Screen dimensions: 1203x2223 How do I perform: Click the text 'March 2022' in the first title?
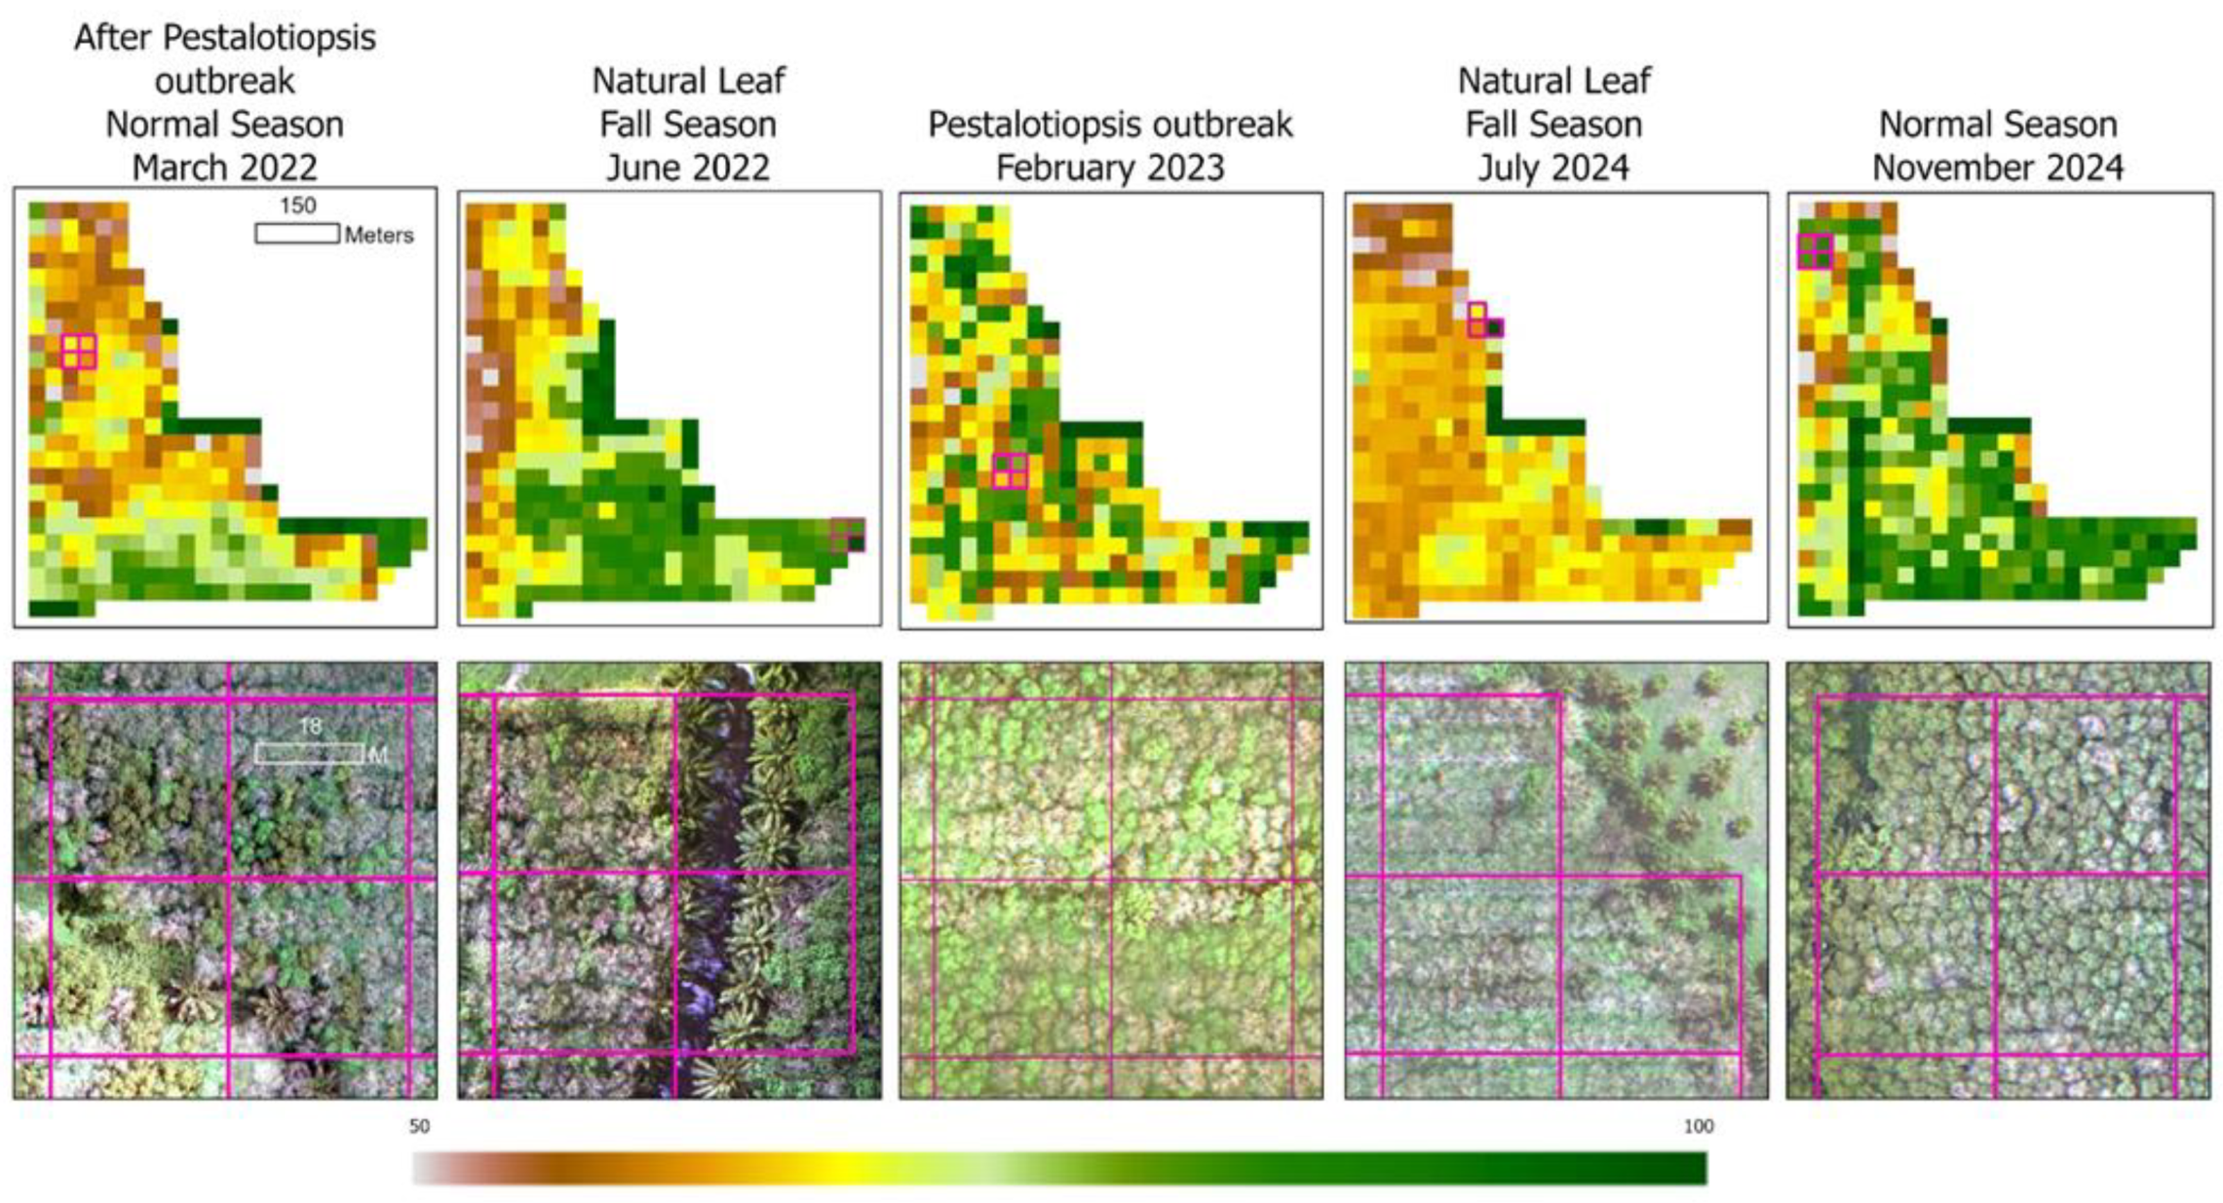[x=224, y=168]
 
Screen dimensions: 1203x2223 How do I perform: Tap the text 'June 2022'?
[x=687, y=168]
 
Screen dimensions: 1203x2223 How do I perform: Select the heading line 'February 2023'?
[x=1109, y=168]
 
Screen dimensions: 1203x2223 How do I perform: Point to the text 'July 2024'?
[x=1553, y=168]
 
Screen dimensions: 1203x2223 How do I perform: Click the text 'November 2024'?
[x=1997, y=168]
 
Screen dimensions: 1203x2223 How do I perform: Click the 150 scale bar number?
[x=297, y=206]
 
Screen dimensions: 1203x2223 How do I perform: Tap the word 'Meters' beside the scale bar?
[x=378, y=235]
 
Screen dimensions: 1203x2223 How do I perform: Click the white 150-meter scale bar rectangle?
[x=296, y=234]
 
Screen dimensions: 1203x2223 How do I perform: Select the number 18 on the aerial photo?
[x=310, y=727]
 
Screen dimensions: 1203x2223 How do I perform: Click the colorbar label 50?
[x=419, y=1126]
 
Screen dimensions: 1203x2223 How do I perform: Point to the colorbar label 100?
[x=1698, y=1126]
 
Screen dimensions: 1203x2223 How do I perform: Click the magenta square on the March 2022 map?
[x=79, y=351]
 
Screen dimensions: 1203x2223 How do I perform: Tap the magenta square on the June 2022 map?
[x=848, y=535]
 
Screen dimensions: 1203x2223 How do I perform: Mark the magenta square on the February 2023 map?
[x=1011, y=470]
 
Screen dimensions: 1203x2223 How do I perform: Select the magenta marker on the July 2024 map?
[x=1483, y=320]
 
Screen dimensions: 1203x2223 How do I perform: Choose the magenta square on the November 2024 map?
[x=1815, y=251]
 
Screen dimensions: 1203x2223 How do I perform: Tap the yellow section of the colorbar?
[x=848, y=1168]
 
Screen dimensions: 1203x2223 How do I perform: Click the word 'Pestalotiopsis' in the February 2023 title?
[x=1023, y=125]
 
